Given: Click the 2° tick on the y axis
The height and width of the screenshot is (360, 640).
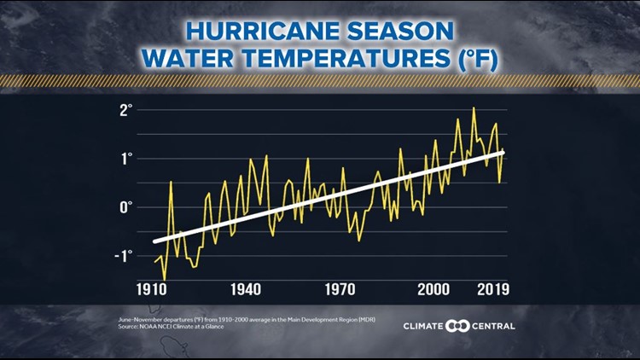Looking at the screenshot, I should click(127, 110).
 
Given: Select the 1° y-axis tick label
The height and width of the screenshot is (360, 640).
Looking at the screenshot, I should click(127, 159).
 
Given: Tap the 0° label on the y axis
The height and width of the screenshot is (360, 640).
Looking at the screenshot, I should click(127, 207).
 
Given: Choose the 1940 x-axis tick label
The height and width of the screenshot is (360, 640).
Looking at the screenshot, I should click(246, 289).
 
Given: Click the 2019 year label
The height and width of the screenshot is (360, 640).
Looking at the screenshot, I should click(492, 289).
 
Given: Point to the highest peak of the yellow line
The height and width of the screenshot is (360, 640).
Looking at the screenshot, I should click(474, 108).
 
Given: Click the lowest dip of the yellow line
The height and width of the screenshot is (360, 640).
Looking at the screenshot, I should click(164, 278).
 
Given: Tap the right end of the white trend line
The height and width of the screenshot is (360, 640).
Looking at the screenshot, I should click(503, 152).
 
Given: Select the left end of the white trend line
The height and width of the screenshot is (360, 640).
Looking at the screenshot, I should click(154, 241).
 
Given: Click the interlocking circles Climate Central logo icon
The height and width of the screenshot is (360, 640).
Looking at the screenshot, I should click(459, 326).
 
